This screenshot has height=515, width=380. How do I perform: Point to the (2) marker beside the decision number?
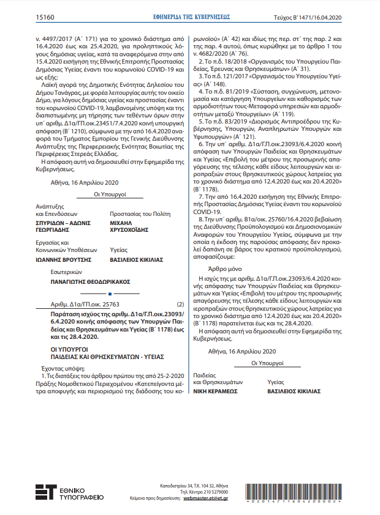[180, 304]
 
